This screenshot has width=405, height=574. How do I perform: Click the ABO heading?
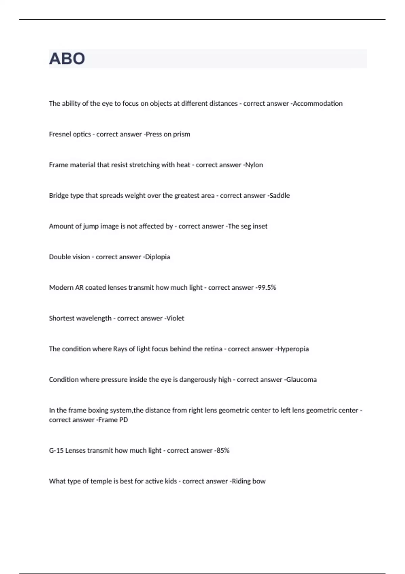[67, 59]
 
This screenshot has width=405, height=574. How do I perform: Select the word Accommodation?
[318, 104]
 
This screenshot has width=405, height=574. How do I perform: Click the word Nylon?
[254, 165]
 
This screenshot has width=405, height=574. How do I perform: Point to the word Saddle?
[279, 195]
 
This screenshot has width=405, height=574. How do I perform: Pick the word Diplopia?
[158, 257]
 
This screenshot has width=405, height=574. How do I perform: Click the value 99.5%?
[267, 288]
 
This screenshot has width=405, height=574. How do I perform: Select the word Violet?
[175, 318]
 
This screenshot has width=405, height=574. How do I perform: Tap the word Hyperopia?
[293, 349]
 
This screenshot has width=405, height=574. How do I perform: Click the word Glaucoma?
[301, 380]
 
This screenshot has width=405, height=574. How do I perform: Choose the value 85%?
[223, 451]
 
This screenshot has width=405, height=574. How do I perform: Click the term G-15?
[56, 451]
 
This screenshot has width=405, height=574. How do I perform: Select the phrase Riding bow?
[248, 481]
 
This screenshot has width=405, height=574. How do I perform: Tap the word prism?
[182, 134]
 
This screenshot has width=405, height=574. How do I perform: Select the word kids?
[171, 481]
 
